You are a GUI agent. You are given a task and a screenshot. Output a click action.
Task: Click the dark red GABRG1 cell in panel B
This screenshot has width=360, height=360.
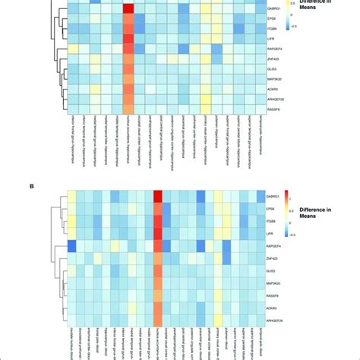pos(158,197)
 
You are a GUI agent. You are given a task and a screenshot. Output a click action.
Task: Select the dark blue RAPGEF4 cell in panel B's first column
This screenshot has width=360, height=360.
pos(72,245)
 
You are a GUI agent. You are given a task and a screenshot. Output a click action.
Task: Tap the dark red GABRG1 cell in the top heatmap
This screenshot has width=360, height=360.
pos(128,8)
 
